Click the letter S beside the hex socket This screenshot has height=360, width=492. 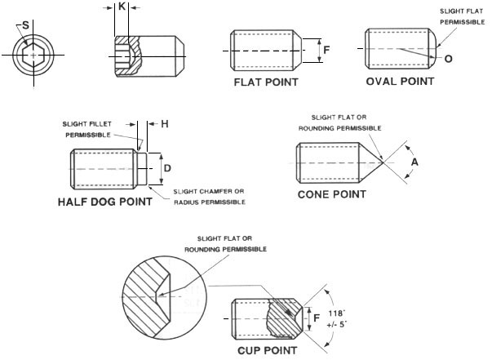[x=25, y=25]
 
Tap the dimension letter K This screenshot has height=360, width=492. [x=122, y=6]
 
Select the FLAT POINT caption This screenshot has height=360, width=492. [x=266, y=82]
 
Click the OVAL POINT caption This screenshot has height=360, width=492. [x=400, y=82]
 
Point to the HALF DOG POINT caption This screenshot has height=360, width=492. [x=105, y=202]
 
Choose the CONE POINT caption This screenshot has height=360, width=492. [x=331, y=194]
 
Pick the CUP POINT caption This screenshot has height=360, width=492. [x=267, y=350]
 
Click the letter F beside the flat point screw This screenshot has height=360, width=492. [x=326, y=50]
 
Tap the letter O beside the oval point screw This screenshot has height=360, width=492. [x=449, y=59]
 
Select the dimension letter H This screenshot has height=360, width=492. [x=165, y=124]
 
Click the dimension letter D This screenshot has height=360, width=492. [x=167, y=168]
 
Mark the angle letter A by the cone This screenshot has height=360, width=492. [x=414, y=162]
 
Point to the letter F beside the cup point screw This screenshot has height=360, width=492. [x=317, y=318]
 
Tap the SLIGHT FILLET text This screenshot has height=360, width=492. [x=87, y=124]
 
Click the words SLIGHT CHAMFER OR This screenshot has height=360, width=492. [x=209, y=191]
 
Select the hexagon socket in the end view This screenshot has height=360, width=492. [x=33, y=56]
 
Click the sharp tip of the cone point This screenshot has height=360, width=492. [x=383, y=162]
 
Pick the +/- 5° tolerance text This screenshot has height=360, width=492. [x=336, y=324]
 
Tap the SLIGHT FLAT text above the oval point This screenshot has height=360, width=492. [x=461, y=11]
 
